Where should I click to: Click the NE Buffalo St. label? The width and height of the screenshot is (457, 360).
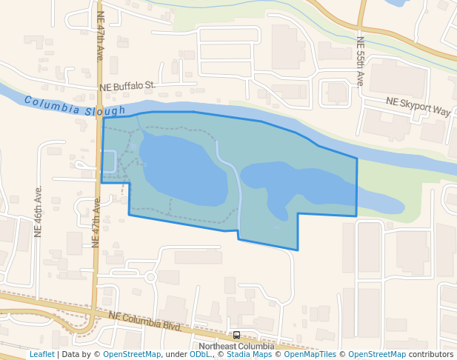pyautogui.click(x=127, y=86)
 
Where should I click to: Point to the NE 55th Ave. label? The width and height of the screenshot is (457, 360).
pyautogui.click(x=360, y=61)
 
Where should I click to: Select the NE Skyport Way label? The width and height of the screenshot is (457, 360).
pyautogui.click(x=418, y=106)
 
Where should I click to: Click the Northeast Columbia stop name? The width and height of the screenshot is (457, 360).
pyautogui.click(x=237, y=346)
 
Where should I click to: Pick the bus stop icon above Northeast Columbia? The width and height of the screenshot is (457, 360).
pyautogui.click(x=236, y=336)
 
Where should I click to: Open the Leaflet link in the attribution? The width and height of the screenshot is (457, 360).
pyautogui.click(x=41, y=355)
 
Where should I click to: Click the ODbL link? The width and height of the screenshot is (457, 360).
pyautogui.click(x=199, y=355)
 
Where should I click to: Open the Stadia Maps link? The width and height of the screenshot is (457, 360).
pyautogui.click(x=247, y=355)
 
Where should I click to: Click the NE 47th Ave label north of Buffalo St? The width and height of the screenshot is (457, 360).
pyautogui.click(x=100, y=30)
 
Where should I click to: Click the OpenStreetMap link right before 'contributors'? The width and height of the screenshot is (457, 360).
pyautogui.click(x=377, y=355)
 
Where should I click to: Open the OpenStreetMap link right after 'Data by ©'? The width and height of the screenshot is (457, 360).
pyautogui.click(x=132, y=355)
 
